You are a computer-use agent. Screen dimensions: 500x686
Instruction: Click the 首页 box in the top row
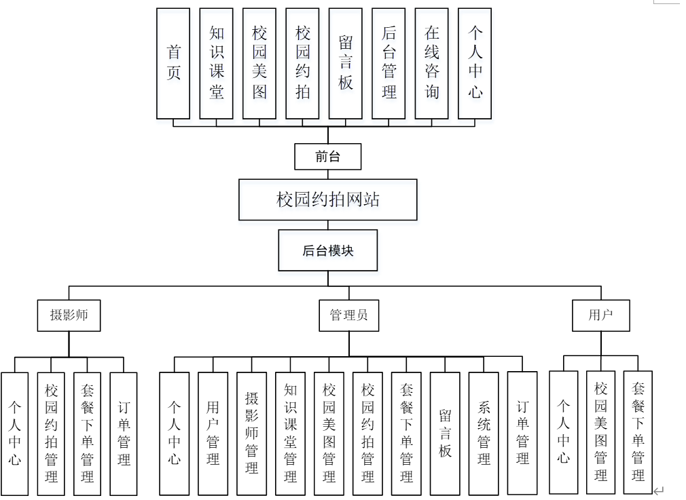point(173,63)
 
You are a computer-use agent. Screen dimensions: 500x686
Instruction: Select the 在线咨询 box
point(432,63)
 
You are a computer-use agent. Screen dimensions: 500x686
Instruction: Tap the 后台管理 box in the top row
point(389,63)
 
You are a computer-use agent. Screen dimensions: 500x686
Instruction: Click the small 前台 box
point(327,157)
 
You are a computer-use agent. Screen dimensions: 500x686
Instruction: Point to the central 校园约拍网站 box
point(327,199)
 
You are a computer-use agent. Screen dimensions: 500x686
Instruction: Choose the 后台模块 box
point(327,250)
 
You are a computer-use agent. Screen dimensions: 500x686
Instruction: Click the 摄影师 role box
point(69,315)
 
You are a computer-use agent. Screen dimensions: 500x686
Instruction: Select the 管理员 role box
point(349,315)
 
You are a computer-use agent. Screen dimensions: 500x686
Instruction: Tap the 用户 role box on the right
point(600,315)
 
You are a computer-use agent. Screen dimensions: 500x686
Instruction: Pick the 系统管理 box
point(484,433)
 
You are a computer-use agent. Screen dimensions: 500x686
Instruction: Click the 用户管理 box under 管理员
point(213,433)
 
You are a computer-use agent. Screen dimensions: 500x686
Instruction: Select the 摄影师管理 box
point(251,433)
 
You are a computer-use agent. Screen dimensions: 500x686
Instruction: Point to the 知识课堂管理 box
point(290,433)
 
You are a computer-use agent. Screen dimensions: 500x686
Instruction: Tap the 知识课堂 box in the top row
point(217,63)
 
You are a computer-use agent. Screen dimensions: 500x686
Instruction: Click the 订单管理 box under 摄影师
point(124,433)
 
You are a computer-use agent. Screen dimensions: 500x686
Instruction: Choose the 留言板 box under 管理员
point(445,433)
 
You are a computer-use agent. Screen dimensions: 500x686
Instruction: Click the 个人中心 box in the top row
point(475,63)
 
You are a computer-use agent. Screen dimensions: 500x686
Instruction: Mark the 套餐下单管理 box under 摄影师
point(87,433)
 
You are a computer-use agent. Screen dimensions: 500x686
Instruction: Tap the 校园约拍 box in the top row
point(302,63)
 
